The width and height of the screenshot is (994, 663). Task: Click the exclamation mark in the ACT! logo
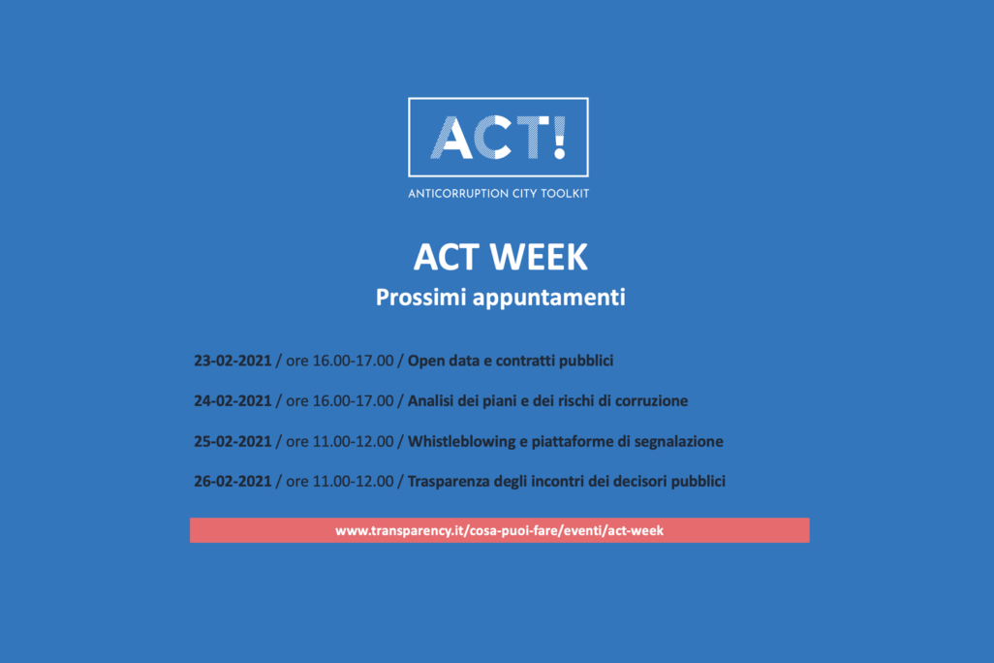pos(558,137)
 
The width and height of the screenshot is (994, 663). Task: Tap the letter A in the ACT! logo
pos(451,137)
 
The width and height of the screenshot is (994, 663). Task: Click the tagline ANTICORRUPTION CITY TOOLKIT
pos(498,194)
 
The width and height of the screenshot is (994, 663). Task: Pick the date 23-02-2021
pos(233,361)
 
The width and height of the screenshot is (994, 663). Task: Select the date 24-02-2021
pos(233,401)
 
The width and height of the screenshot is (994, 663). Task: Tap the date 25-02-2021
pos(233,442)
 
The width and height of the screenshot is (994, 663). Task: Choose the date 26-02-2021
pos(233,482)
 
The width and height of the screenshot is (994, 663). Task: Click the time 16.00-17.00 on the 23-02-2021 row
pos(353,361)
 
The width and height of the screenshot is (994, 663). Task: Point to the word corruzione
pos(651,401)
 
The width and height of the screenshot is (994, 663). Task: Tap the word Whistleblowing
pos(461,442)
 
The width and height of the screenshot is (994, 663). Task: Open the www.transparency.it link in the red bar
pos(500,530)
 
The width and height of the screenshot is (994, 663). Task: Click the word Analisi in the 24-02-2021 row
pos(430,401)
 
